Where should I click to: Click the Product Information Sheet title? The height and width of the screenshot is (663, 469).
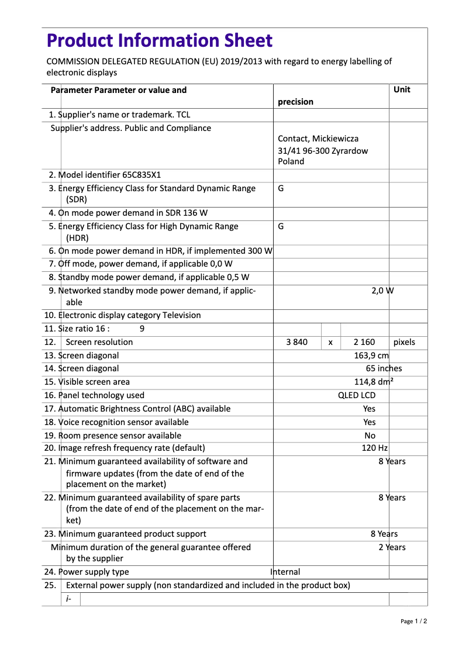159,41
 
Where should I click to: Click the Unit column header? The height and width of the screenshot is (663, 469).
402,89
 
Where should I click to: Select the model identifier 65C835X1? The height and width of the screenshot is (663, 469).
142,175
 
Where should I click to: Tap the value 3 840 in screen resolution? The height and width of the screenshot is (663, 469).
296,342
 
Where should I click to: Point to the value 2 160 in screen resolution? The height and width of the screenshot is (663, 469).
364,342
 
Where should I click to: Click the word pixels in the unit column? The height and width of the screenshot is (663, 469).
404,342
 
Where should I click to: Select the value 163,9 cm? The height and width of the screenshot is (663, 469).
371,355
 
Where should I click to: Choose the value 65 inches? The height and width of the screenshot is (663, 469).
384,368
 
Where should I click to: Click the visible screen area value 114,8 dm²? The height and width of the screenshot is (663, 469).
374,382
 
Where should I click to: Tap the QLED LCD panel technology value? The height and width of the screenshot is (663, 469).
357,395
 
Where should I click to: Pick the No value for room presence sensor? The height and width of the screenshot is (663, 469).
370,436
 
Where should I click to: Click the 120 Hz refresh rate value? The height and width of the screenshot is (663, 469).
374,448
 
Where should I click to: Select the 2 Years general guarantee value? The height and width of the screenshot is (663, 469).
391,547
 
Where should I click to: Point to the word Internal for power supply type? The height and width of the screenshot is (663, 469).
285,572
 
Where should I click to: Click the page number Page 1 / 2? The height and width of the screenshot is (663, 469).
413,621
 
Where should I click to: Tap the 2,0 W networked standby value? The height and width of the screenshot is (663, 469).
382,291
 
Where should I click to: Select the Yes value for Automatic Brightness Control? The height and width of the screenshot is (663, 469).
369,409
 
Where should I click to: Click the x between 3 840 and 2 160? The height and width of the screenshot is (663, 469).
330,343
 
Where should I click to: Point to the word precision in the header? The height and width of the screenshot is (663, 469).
295,102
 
